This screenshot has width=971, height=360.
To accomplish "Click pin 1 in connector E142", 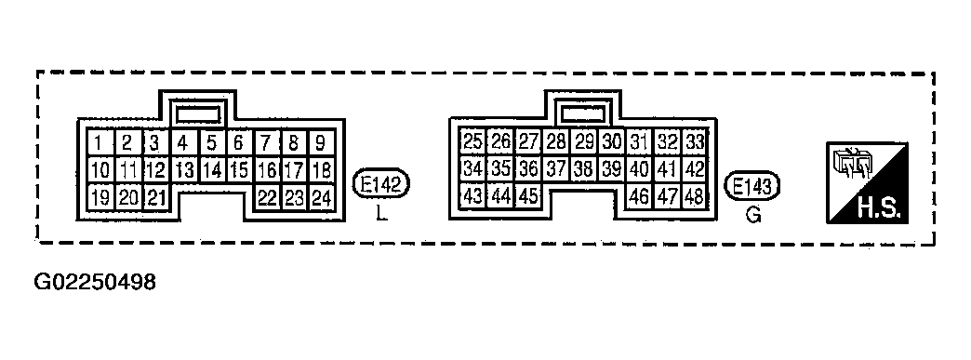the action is point(99,143).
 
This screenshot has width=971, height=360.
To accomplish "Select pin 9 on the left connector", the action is point(321,143).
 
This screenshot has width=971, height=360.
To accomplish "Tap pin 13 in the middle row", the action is point(184,170).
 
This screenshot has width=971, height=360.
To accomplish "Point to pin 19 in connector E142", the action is point(100,197).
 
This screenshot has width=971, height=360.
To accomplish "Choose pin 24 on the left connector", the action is point(321,197).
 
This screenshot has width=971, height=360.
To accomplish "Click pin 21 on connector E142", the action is point(155,197).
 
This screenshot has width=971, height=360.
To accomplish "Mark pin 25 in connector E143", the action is point(473,142).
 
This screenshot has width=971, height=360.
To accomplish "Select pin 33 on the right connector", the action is point(694,142).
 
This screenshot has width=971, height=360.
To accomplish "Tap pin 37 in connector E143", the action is point(556,169).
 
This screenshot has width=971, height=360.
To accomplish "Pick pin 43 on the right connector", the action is point(473,196).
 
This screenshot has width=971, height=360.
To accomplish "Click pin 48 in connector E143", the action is point(694,196).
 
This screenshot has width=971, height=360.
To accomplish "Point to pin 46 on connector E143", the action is point(639,196).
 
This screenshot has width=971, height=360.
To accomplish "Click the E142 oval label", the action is point(382,184).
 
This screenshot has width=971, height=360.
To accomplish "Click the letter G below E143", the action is point(753,216).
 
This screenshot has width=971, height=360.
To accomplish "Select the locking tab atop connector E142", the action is point(198,113).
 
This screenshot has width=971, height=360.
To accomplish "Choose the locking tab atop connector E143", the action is point(583,113).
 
